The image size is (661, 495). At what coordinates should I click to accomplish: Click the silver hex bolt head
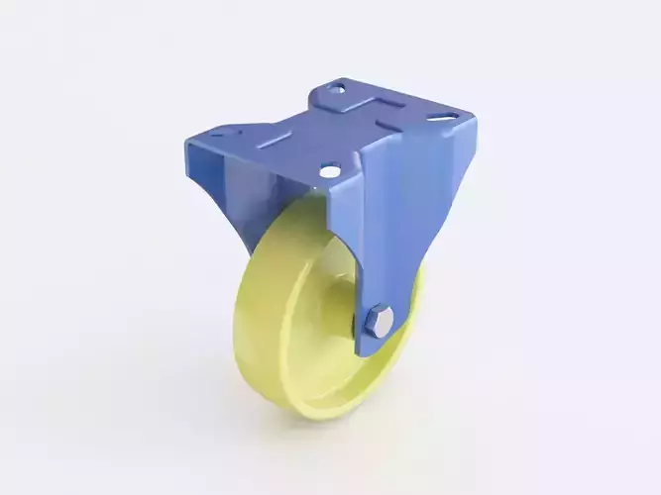click(x=379, y=321)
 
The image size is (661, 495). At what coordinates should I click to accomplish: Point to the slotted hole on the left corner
click(x=219, y=133)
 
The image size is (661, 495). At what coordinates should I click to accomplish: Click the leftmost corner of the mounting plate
click(x=186, y=138)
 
